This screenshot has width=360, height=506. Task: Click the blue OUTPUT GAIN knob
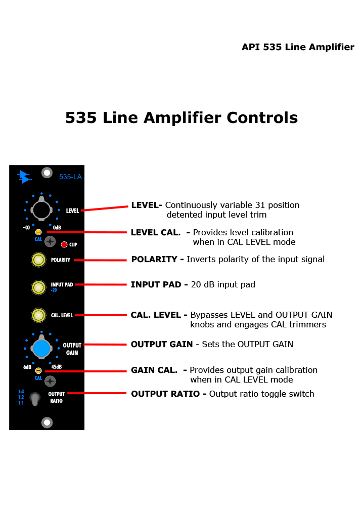(x=41, y=348)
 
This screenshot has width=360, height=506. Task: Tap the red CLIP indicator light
(x=64, y=244)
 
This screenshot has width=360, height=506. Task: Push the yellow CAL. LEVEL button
(x=38, y=315)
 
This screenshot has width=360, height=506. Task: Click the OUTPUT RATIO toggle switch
(x=34, y=399)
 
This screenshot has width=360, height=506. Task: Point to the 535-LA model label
(x=70, y=177)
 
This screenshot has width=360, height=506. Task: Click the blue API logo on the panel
(x=24, y=177)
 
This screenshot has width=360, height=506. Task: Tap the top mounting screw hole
(x=47, y=173)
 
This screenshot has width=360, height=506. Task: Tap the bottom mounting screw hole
(x=47, y=423)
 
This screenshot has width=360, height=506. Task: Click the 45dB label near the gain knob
(x=57, y=367)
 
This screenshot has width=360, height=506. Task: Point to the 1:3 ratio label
(x=21, y=392)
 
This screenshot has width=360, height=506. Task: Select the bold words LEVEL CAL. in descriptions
(x=156, y=232)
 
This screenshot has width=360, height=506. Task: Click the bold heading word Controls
(x=262, y=117)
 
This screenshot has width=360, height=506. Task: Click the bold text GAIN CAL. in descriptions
(x=154, y=370)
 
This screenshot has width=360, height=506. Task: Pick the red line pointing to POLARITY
(x=100, y=260)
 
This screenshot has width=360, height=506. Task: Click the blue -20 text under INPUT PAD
(x=54, y=290)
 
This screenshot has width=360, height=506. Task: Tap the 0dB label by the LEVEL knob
(x=57, y=228)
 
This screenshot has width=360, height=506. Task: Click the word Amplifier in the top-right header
(x=331, y=48)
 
